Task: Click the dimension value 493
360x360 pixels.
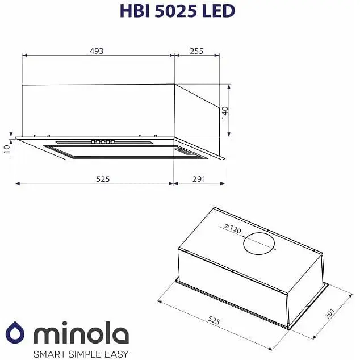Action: pos(96,51)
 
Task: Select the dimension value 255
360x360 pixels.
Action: pos(196,51)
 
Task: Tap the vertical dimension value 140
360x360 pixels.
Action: pos(225,112)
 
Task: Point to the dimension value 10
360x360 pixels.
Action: pos(6,149)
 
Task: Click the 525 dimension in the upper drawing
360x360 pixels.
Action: pos(102,179)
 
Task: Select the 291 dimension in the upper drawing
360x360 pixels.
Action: pos(199,179)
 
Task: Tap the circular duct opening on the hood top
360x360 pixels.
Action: pos(260,244)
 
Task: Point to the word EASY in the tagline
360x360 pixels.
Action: pos(118,354)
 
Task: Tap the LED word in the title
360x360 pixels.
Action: pos(219,11)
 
